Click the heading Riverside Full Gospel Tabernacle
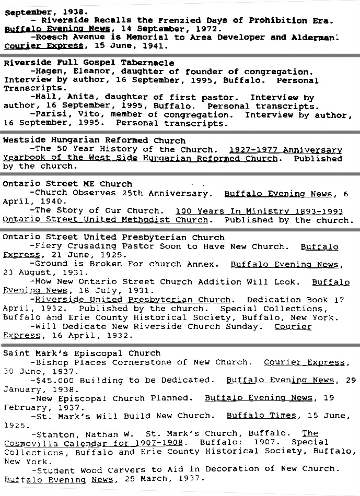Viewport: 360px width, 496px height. point(89,63)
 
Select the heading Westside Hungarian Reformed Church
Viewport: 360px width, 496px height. point(94,140)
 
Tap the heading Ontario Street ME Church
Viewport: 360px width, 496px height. point(67,184)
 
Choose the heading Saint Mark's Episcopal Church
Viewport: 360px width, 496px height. point(82,353)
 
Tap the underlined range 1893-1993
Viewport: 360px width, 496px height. point(317,211)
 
